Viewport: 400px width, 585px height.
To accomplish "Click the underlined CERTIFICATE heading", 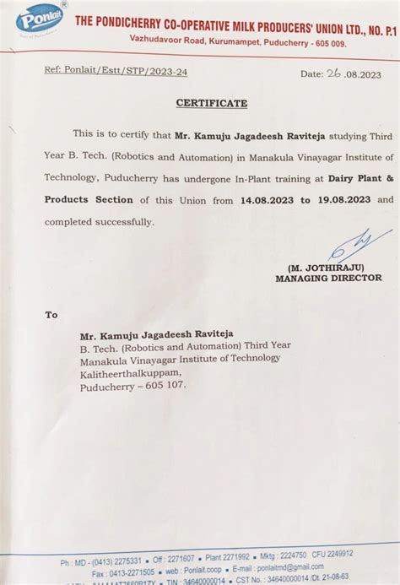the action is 212,103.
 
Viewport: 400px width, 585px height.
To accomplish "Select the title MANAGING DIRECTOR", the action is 328,278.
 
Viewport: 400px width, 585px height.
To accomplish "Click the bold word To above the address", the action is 52,314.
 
